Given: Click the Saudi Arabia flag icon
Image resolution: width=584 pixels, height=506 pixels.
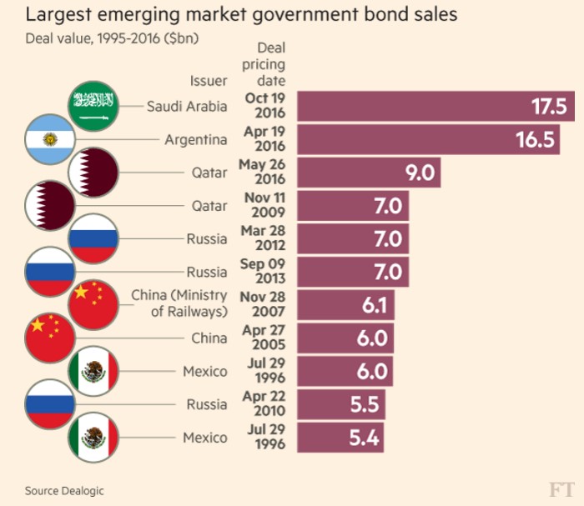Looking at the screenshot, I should [92, 106].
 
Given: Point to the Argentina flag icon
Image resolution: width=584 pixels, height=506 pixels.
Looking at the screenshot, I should [50, 139].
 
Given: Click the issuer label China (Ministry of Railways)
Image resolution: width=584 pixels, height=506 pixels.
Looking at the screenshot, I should [179, 304].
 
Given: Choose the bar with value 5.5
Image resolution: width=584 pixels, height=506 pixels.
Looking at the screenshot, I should [340, 404].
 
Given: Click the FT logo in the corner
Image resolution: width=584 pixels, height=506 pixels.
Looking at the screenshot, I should [561, 488].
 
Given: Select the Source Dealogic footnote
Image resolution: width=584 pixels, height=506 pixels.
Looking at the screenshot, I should [64, 490].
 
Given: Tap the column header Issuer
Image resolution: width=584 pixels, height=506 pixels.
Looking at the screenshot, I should [208, 81].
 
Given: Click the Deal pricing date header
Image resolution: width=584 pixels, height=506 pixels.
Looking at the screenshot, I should [265, 64].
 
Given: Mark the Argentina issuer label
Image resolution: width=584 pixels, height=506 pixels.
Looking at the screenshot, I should [195, 139].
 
